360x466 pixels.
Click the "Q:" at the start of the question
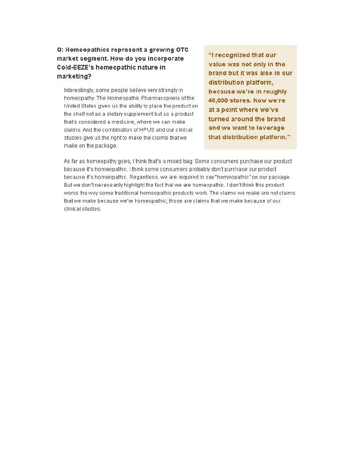[60, 50]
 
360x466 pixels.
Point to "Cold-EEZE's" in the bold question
[76, 68]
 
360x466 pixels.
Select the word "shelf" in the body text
[80, 114]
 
